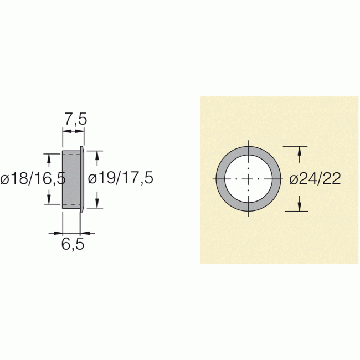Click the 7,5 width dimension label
pyautogui.click(x=73, y=119)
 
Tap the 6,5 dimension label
pyautogui.click(x=72, y=244)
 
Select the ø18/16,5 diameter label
pyautogui.click(x=33, y=179)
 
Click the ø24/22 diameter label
pyautogui.click(x=314, y=178)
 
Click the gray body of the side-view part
pyautogui.click(x=71, y=179)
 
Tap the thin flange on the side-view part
pyautogui.click(x=82, y=179)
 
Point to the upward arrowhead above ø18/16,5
pyautogui.click(x=50, y=158)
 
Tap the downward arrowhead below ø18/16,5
pyautogui.click(x=50, y=199)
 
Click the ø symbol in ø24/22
pyautogui.click(x=294, y=179)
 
